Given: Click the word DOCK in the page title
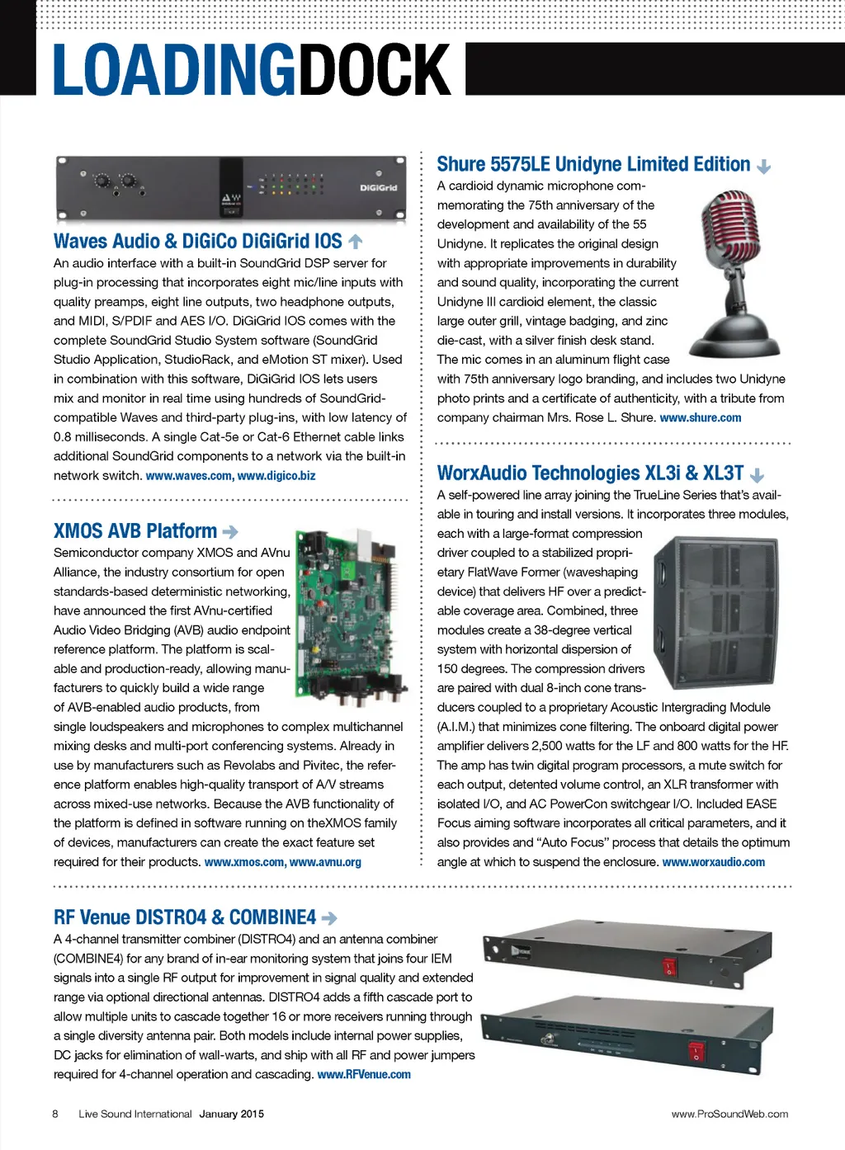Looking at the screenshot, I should pyautogui.click(x=373, y=70).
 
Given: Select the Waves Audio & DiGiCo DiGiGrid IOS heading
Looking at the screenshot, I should pyautogui.click(x=197, y=242).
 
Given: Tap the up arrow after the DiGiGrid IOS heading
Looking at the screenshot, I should pyautogui.click(x=356, y=242).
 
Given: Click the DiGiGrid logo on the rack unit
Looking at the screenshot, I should pyautogui.click(x=378, y=188).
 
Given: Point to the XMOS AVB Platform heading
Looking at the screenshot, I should pyautogui.click(x=135, y=531).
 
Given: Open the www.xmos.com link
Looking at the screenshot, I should pyautogui.click(x=243, y=862).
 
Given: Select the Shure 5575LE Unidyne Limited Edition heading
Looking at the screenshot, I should pyautogui.click(x=593, y=165).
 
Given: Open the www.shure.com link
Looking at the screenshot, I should pyautogui.click(x=700, y=418).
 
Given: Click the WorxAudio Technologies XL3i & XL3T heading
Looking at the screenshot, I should pyautogui.click(x=590, y=474).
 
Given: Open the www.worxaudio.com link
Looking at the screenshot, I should pyautogui.click(x=713, y=862).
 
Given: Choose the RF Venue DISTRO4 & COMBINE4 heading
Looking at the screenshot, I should pyautogui.click(x=185, y=917).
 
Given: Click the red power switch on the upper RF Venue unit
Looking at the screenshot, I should pyautogui.click(x=669, y=966).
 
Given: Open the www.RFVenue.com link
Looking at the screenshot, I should pyautogui.click(x=364, y=1075).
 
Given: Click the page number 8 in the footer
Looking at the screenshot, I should pyautogui.click(x=55, y=1114).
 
